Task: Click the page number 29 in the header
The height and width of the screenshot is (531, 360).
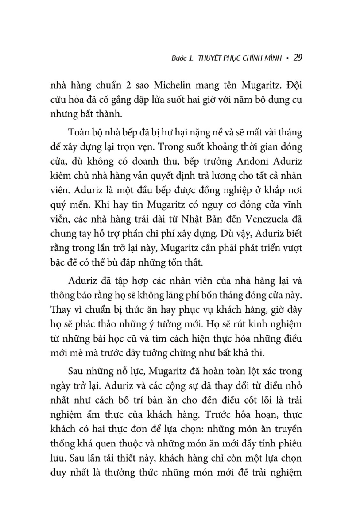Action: click(298, 58)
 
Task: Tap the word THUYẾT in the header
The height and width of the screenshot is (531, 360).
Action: click(209, 58)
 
